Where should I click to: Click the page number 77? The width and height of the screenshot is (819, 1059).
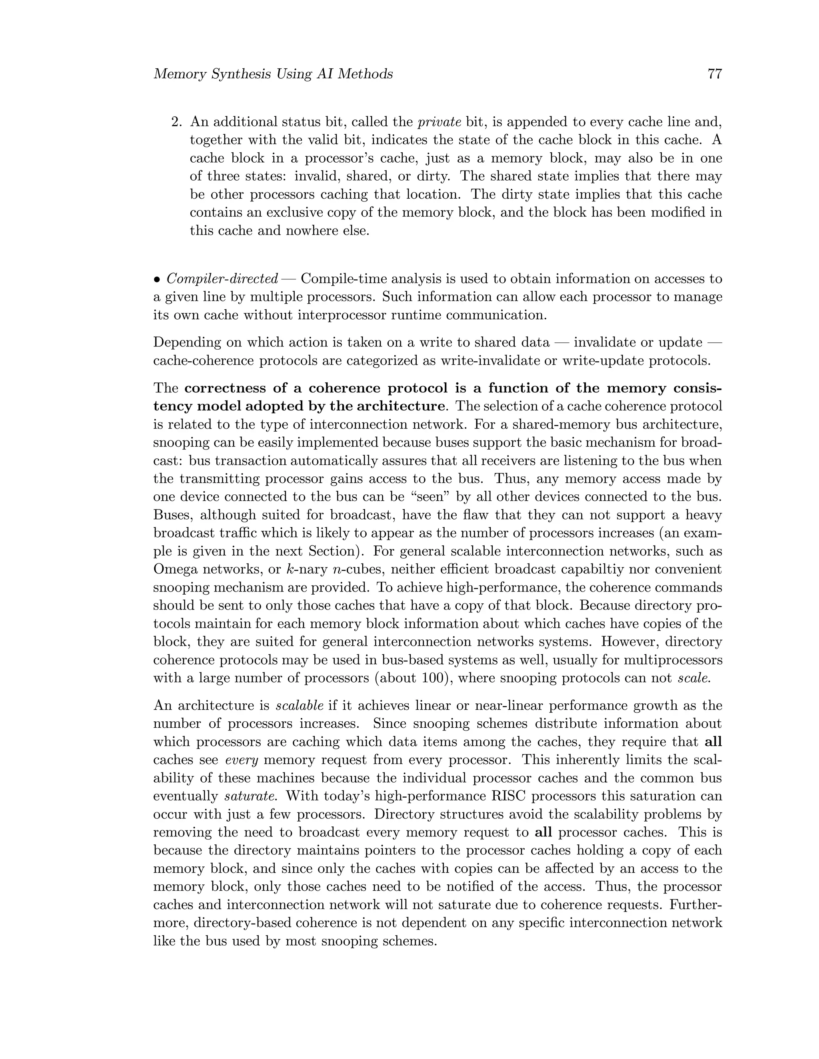(715, 74)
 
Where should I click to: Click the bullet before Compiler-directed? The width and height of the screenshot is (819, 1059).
(157, 279)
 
